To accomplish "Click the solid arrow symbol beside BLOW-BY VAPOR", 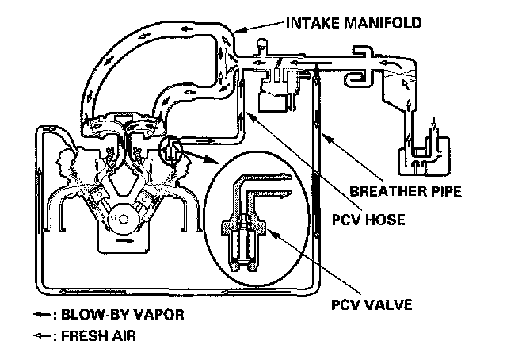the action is click(41, 316).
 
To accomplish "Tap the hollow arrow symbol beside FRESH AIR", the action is click(41, 335).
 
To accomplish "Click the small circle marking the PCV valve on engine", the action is click(170, 148).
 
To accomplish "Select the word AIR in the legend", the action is click(123, 335).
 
